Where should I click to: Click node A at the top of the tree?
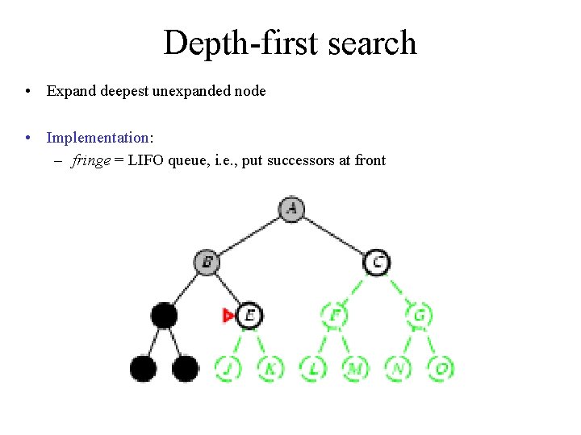point(291,209)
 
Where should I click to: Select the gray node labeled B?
point(207,262)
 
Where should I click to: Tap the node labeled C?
point(376,262)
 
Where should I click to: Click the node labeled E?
point(250,315)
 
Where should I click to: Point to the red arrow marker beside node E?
point(229,316)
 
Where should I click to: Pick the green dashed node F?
point(333,315)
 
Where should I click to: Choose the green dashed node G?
point(419,315)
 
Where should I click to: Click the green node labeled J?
point(228,368)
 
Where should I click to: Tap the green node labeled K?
point(270,368)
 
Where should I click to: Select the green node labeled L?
point(313,368)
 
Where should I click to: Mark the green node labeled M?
point(355,368)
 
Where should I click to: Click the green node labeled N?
point(398,368)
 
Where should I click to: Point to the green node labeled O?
point(441,368)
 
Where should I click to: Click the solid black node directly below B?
point(165,315)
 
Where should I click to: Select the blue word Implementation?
point(98,138)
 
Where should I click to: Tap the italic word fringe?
point(90,160)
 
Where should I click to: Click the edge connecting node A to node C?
point(334,235)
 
